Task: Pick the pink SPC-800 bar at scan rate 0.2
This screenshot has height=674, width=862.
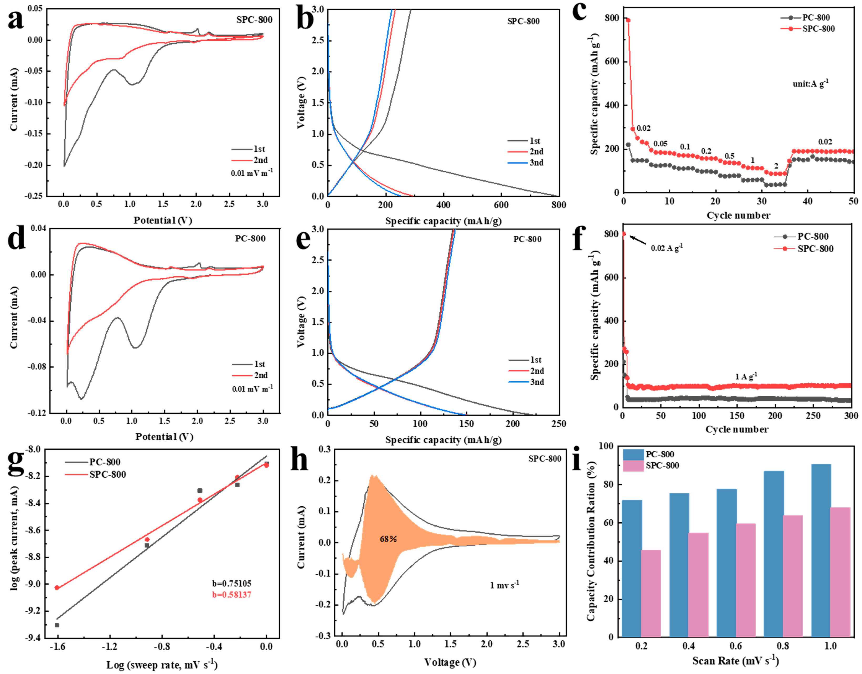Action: point(651,594)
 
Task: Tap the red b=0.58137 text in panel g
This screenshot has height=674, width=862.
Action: point(232,595)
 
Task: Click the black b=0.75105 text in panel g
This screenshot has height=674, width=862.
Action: point(232,583)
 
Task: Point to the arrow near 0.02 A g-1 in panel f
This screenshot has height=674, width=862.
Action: point(637,240)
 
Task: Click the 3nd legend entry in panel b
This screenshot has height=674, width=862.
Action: point(536,163)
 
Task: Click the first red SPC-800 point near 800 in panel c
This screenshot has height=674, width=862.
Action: point(628,21)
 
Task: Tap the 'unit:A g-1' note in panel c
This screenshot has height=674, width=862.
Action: point(810,83)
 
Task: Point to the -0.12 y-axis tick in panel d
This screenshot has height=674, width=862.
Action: point(36,413)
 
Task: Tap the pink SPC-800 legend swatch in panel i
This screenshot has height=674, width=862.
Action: point(633,466)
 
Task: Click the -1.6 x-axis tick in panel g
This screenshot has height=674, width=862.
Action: point(57,646)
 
